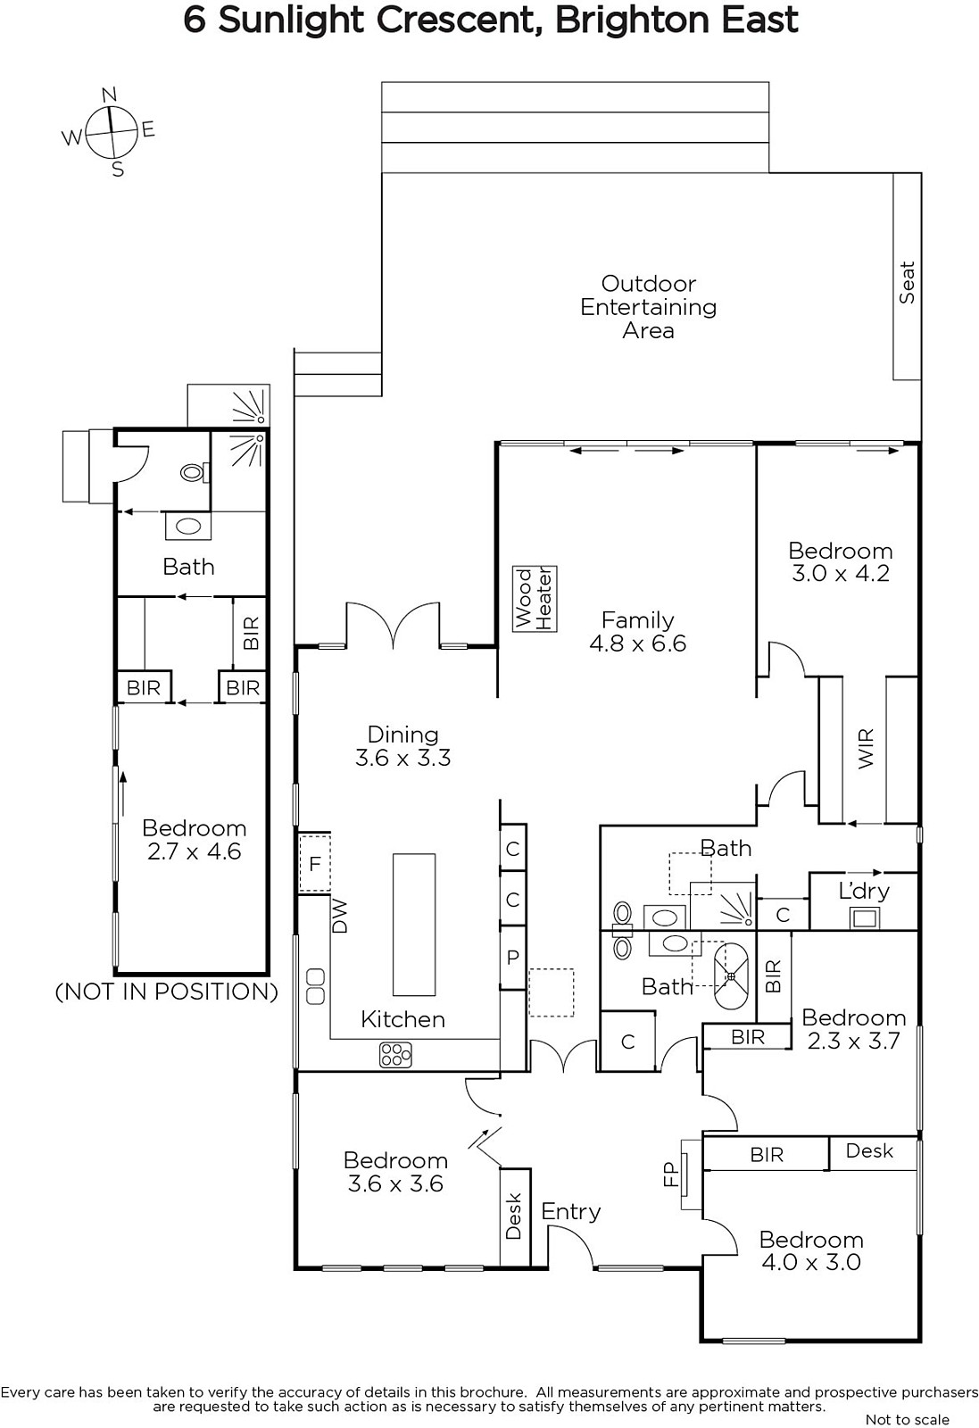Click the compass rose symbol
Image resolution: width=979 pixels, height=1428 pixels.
pos(111,133)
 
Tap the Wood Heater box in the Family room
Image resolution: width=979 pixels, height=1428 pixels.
pos(535,598)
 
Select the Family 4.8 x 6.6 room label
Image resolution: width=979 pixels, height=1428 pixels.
pos(637,631)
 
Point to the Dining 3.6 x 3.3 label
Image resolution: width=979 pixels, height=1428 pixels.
pos(402,746)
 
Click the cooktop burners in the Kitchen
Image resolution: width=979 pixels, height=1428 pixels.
pos(395,1054)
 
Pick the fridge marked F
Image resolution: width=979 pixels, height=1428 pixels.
pos(315,864)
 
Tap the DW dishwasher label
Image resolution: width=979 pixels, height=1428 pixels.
pos(340,916)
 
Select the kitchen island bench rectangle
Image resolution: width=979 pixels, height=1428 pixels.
pos(414,925)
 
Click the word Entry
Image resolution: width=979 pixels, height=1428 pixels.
pos(571,1211)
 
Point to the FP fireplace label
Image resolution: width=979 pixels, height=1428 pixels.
pos(670,1175)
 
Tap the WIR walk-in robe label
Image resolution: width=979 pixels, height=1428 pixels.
pos(865,749)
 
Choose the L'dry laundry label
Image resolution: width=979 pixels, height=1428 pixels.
pos(864,891)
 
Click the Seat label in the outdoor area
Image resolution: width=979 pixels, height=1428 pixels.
pos(907,282)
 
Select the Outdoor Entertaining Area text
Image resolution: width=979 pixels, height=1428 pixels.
pos(648,307)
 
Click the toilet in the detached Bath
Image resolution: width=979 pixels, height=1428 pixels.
pos(193,472)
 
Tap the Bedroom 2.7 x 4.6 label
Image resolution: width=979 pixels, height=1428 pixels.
pos(194,839)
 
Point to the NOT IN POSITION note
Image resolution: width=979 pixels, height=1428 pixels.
pos(166,992)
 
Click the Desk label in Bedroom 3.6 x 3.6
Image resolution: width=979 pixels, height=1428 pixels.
pos(513,1216)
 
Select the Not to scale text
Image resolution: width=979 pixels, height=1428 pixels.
pos(907,1420)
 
